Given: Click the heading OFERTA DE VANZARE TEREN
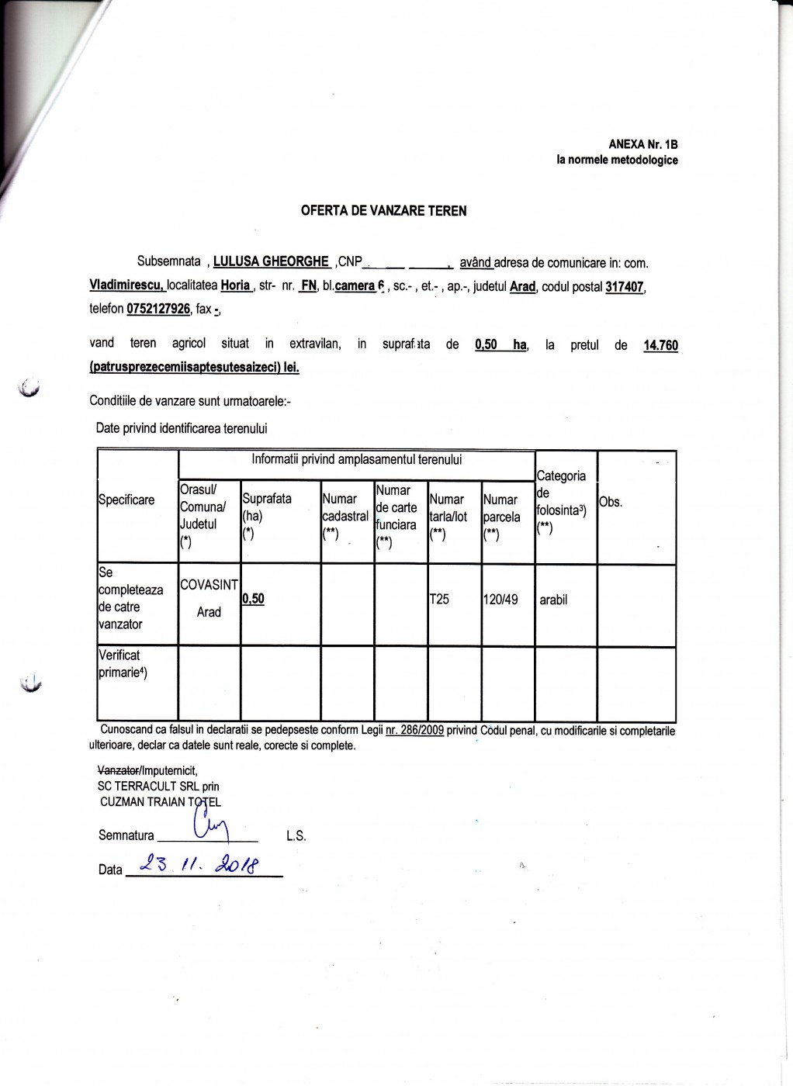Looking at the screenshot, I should [383, 210].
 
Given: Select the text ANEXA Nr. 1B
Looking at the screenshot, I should [643, 144].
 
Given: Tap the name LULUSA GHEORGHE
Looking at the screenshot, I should [272, 262].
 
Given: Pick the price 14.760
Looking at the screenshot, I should [660, 346].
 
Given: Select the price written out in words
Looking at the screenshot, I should [194, 367].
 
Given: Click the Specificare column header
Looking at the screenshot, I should [126, 500].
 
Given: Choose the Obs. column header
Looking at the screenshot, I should [611, 502].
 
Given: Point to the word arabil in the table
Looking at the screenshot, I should [553, 600].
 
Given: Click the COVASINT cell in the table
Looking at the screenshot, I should [209, 586].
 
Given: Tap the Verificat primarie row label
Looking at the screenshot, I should [124, 663].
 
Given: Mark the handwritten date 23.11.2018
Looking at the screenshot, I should [200, 864].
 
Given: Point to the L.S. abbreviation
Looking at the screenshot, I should [296, 836].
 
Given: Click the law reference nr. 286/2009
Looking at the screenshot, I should [414, 731].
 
